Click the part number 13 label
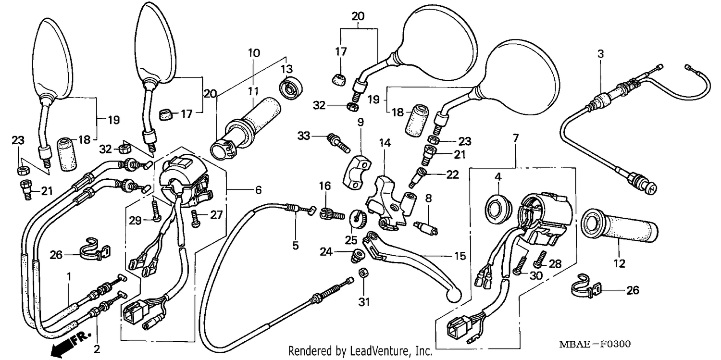pyautogui.click(x=286, y=69)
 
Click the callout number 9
pyautogui.click(x=360, y=122)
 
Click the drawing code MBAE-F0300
pyautogui.click(x=595, y=344)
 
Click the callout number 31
pyautogui.click(x=364, y=302)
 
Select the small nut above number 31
pyautogui.click(x=363, y=273)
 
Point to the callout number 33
pyautogui.click(x=304, y=136)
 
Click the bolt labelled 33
pyautogui.click(x=338, y=143)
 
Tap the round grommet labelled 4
pyautogui.click(x=498, y=209)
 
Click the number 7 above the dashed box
pyautogui.click(x=516, y=138)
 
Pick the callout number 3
pyautogui.click(x=601, y=54)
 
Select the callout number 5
pyautogui.click(x=295, y=246)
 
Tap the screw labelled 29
pyautogui.click(x=156, y=211)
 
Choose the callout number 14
pyautogui.click(x=385, y=143)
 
